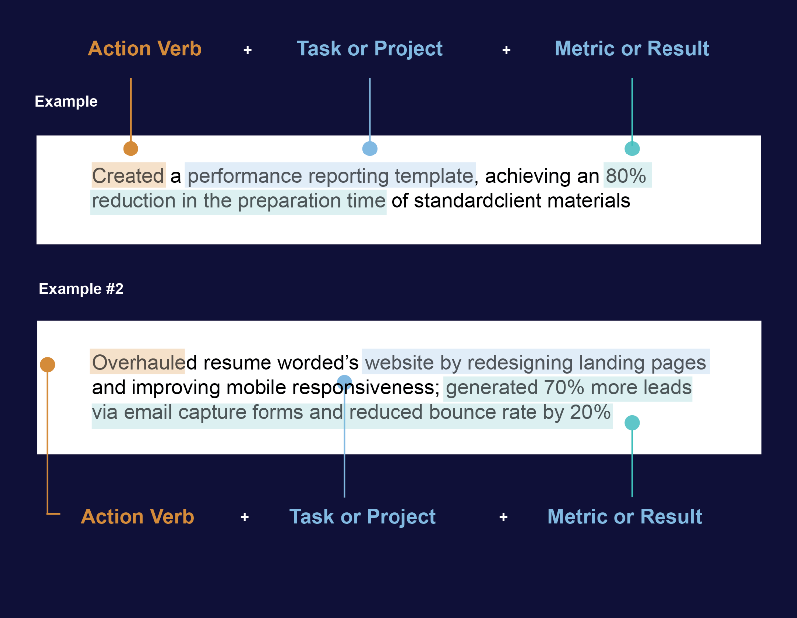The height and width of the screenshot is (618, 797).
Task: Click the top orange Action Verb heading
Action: point(144,48)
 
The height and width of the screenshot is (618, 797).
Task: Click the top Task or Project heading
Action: point(369,49)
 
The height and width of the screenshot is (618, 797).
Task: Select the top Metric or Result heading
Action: point(632,48)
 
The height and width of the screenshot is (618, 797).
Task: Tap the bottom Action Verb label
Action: point(137,516)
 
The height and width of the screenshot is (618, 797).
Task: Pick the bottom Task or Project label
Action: point(362,517)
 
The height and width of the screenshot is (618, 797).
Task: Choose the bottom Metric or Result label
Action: point(625,516)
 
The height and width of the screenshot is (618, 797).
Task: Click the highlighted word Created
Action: point(128,176)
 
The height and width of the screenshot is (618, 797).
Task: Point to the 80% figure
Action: point(626,175)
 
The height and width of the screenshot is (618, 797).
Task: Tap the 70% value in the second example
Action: point(564,387)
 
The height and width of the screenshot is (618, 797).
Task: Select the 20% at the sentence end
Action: point(590,412)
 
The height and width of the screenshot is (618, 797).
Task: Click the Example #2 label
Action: point(81,289)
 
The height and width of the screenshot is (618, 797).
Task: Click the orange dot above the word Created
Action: point(131,149)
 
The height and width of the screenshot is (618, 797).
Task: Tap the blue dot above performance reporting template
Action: point(370,149)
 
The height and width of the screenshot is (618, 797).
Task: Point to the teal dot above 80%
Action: point(632,149)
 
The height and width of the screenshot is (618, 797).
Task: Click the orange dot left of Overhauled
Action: point(48,365)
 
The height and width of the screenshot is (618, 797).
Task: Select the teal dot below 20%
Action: point(632,423)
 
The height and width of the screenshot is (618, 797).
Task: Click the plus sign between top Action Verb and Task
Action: point(248,50)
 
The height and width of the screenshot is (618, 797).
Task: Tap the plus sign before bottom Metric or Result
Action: point(503,517)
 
